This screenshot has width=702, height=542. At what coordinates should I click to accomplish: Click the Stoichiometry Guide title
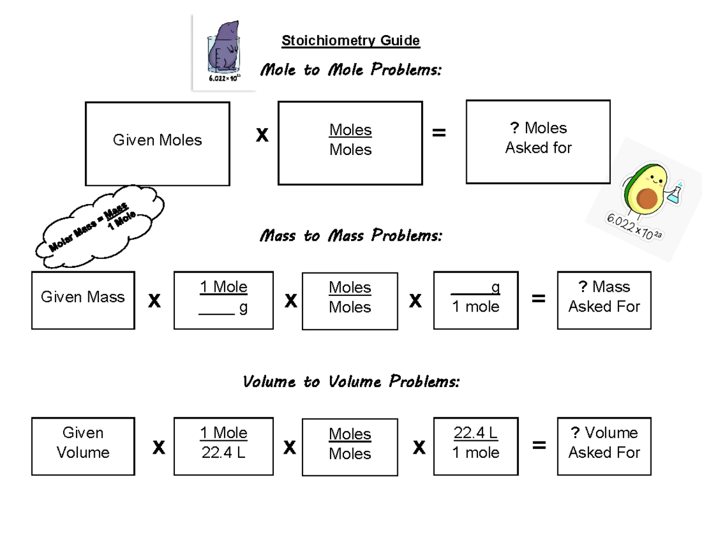point(350,41)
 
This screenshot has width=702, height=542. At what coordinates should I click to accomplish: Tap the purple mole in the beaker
point(225,49)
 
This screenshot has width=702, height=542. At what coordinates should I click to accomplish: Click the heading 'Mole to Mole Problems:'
point(350,70)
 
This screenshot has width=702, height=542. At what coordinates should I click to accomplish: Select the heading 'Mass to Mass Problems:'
point(350,236)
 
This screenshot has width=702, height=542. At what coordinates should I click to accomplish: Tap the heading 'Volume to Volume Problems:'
point(351,382)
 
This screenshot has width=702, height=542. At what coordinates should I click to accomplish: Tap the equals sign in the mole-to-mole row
point(438,134)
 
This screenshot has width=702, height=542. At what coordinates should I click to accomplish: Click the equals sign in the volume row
point(539,446)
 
